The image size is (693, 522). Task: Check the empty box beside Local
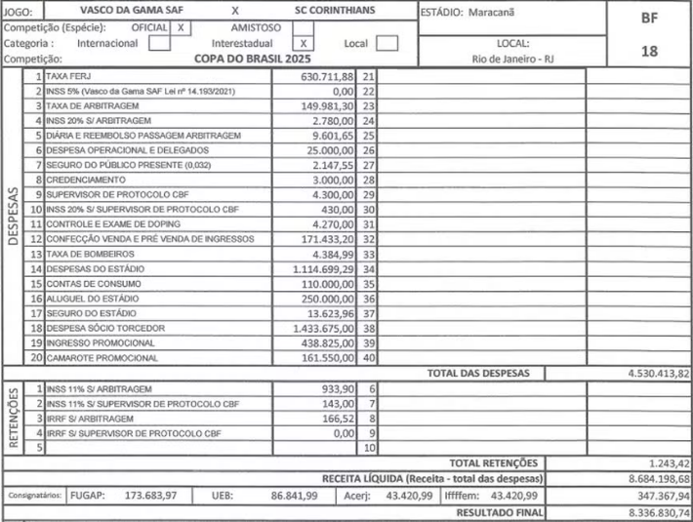[387, 43]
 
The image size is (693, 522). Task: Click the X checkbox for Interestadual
[304, 43]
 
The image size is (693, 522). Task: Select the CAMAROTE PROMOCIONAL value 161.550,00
[327, 358]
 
